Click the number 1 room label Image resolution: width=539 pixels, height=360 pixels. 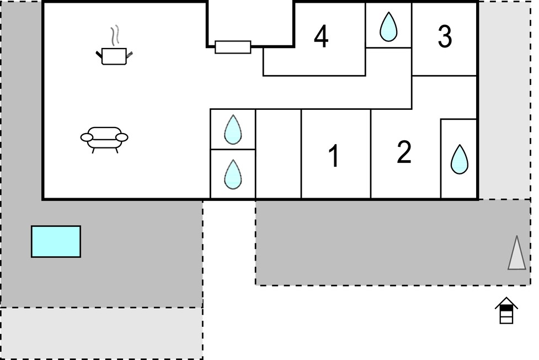(x=334, y=156)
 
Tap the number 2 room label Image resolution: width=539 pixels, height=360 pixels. (x=404, y=152)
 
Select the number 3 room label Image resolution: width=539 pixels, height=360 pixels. (x=445, y=36)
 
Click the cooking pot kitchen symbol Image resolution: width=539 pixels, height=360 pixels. (x=114, y=56)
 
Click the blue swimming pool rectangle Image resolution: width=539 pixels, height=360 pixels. (x=56, y=242)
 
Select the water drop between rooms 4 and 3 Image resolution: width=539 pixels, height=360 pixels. (x=388, y=27)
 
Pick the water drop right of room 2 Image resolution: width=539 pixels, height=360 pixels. (x=459, y=160)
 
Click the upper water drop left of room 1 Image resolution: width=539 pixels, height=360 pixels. (x=233, y=129)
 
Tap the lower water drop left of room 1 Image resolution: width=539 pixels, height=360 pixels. (x=233, y=174)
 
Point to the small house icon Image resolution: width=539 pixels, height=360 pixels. (x=506, y=310)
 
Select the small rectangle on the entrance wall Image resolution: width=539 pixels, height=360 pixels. (x=233, y=47)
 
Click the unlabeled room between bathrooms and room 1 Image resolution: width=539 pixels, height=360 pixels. (x=279, y=154)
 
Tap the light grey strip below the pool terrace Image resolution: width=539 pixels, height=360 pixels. (x=102, y=333)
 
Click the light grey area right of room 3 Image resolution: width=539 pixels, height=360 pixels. (x=505, y=100)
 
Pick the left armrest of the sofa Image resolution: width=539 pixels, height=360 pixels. (x=87, y=137)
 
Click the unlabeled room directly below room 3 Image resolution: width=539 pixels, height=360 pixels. (x=444, y=97)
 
